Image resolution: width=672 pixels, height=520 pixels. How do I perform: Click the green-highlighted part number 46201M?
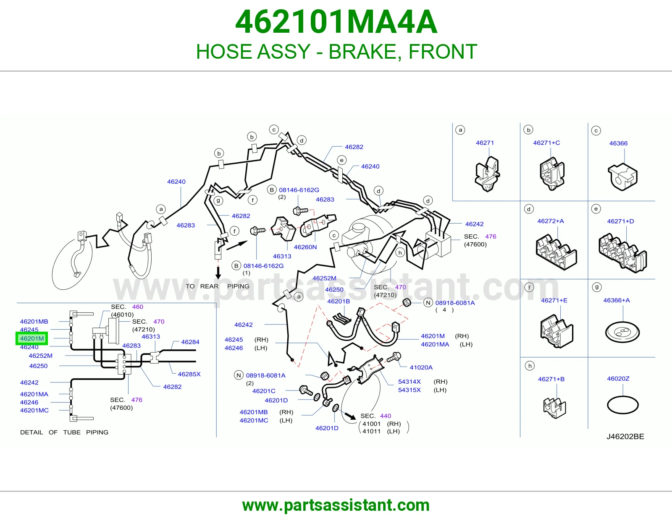click(32, 338)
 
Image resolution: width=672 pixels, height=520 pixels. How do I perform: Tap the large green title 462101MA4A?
click(336, 22)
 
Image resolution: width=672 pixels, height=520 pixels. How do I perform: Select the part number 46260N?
click(305, 247)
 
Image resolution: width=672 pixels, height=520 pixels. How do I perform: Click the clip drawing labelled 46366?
click(622, 177)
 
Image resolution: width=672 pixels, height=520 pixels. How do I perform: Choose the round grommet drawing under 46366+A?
click(622, 333)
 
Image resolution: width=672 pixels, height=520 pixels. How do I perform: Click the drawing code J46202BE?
click(625, 436)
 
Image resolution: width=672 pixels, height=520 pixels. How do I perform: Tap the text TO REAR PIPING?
click(218, 286)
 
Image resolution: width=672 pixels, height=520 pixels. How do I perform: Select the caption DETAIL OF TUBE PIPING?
click(64, 432)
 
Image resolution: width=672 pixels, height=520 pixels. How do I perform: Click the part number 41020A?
click(421, 367)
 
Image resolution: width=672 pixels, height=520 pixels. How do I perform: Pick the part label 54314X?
click(409, 382)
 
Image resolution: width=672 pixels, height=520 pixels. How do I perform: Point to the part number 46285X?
click(189, 374)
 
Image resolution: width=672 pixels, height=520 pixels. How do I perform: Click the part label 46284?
click(190, 342)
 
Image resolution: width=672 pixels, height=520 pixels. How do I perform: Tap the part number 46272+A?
click(551, 221)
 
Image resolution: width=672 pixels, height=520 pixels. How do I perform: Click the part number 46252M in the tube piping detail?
click(40, 356)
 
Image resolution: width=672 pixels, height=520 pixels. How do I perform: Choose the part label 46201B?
click(339, 302)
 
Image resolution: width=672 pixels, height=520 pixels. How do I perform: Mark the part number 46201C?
click(264, 391)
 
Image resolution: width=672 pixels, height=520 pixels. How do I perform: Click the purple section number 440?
click(386, 416)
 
